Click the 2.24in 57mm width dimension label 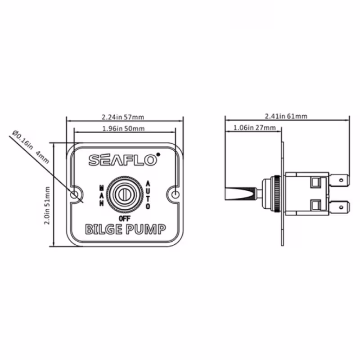123,117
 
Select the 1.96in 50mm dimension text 123,128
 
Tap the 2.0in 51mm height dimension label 47,206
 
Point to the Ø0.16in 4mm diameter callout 31,147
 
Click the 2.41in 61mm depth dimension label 286,116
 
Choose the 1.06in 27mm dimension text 255,127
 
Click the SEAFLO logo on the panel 123,160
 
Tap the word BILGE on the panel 104,229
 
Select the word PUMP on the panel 146,229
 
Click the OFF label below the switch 125,218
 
